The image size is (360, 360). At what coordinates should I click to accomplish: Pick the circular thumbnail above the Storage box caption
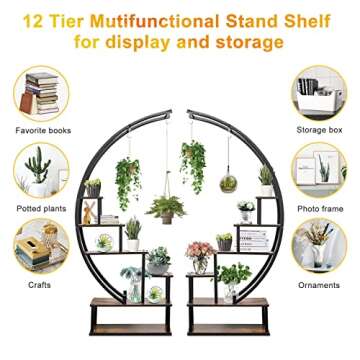(319, 92)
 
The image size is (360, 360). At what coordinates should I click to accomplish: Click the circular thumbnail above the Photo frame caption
(319, 170)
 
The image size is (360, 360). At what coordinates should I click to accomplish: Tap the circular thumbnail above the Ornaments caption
(319, 246)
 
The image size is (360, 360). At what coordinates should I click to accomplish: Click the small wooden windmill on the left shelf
(89, 210)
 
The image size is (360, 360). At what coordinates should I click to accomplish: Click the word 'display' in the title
(150, 42)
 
